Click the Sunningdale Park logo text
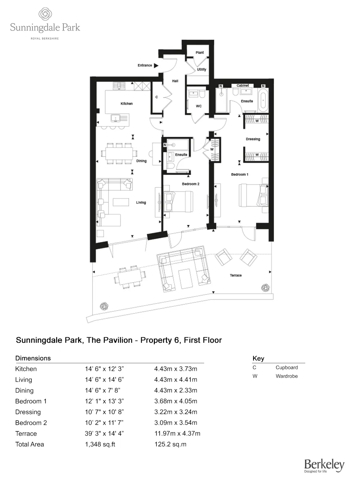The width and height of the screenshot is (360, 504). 45,28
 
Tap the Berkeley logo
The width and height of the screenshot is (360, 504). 324,465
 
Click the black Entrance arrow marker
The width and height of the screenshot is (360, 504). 156,66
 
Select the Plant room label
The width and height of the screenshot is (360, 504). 199,53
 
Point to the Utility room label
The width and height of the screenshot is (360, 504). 202,69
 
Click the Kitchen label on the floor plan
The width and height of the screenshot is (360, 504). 126,104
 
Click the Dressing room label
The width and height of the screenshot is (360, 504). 253,139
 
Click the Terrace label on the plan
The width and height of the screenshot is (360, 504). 236,275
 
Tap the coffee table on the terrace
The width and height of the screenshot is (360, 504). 186,279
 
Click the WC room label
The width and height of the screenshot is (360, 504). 199,106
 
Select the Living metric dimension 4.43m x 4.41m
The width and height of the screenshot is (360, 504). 176,379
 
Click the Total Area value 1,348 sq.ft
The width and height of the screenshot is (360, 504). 100,444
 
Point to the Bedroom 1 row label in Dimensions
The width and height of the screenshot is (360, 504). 31,401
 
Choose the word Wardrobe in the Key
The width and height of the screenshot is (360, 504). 287,376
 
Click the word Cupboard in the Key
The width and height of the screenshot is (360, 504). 287,368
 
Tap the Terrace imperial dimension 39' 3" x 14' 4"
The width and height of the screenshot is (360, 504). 104,433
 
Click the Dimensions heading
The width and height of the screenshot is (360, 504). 33,358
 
